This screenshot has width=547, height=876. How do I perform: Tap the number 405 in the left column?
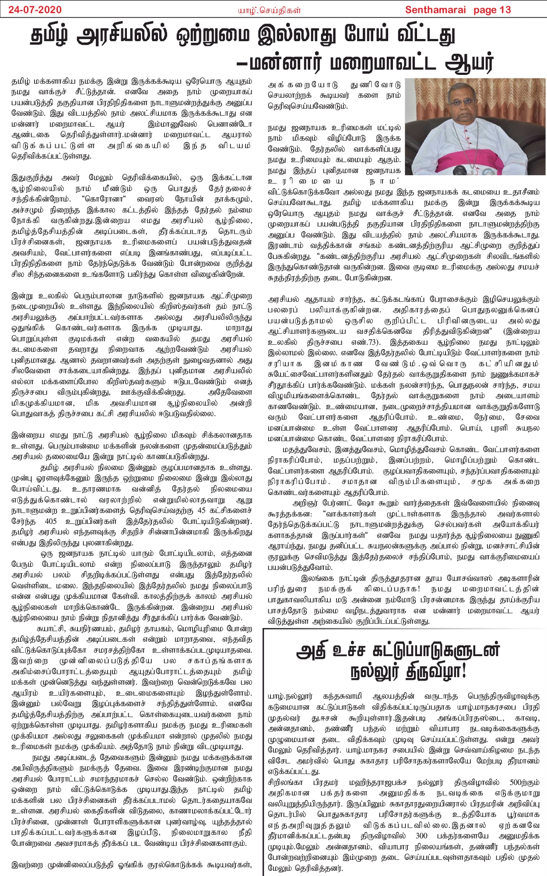click(x=51, y=521)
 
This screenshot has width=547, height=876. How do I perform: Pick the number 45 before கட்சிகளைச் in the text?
click(x=202, y=510)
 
